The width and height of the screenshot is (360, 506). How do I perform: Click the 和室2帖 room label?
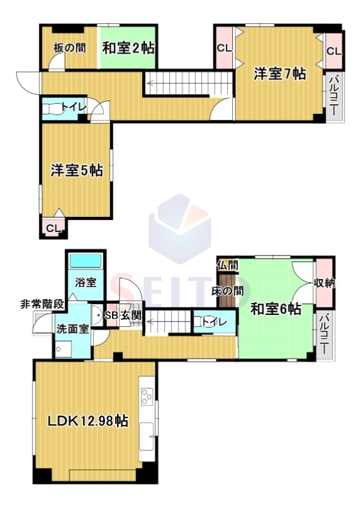128,49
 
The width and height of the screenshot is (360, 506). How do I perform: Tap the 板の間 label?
70,49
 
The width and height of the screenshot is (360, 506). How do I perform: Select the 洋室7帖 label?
279,74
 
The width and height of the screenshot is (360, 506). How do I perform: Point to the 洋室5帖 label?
77,170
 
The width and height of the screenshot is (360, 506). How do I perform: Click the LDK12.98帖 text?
88,421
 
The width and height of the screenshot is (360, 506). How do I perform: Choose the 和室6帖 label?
276,309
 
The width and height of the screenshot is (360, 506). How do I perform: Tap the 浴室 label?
85,282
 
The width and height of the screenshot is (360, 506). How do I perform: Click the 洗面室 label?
73,329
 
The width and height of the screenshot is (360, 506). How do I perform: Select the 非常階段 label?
42,304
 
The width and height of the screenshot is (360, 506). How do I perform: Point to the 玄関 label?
131,316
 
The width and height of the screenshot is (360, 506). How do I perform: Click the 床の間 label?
227,291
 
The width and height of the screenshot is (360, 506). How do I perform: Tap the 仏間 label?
228,266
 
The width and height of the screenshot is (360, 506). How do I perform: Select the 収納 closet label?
325,283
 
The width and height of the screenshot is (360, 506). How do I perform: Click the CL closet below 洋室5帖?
54,228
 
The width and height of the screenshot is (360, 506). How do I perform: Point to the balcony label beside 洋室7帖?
334,96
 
